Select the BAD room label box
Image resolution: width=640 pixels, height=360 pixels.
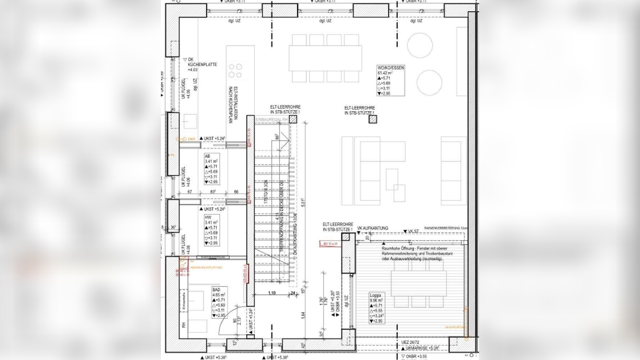click(219, 302)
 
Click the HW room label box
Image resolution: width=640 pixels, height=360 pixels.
click(212, 230)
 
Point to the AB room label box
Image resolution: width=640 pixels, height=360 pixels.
click(212, 169)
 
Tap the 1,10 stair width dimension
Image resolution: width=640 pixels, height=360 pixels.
click(272, 293)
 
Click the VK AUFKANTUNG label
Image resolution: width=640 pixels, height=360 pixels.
click(373, 228)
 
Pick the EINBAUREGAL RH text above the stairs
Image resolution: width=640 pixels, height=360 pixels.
click(271, 120)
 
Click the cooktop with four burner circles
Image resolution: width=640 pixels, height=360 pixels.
click(235, 71)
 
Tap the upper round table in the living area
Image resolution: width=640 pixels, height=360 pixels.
click(420, 45)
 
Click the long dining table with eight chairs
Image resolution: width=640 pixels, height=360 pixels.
click(325, 58)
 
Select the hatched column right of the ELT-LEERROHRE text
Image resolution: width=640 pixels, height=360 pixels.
click(373, 119)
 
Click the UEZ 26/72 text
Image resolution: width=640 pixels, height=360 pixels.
click(410, 342)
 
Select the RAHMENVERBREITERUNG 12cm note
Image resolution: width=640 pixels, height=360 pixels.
click(446, 228)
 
